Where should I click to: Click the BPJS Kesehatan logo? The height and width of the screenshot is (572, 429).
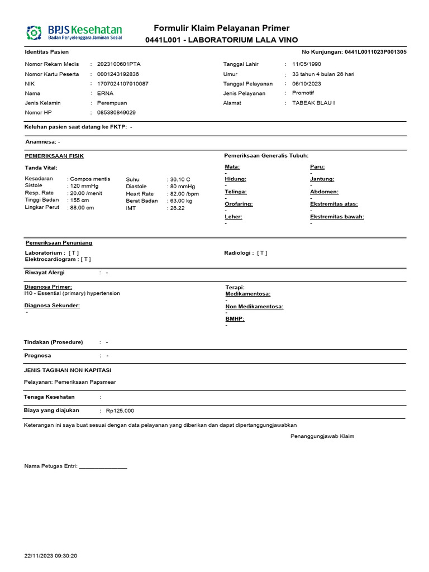(x=74, y=32)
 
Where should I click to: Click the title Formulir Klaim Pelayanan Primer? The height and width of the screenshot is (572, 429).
(x=222, y=28)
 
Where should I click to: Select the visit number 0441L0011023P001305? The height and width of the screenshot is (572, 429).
(x=375, y=52)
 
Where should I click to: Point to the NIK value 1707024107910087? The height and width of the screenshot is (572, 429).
(x=123, y=84)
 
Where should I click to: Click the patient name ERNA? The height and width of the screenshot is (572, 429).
(x=105, y=93)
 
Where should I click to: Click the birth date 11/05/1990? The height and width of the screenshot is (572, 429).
(x=307, y=64)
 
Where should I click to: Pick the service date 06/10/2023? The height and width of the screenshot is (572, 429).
(x=307, y=84)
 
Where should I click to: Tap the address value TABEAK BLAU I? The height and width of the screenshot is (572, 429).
(x=313, y=103)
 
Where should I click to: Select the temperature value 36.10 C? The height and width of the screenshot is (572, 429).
(x=179, y=179)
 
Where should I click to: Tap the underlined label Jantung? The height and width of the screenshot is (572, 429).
(x=322, y=179)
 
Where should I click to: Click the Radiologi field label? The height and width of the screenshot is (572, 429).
(x=239, y=253)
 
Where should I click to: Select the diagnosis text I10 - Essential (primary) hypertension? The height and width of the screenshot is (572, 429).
(x=72, y=293)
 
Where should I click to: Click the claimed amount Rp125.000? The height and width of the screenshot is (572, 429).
(x=120, y=411)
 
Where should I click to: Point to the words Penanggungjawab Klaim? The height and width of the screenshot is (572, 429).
(x=322, y=436)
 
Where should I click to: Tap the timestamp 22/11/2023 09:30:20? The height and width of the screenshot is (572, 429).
(x=51, y=556)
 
